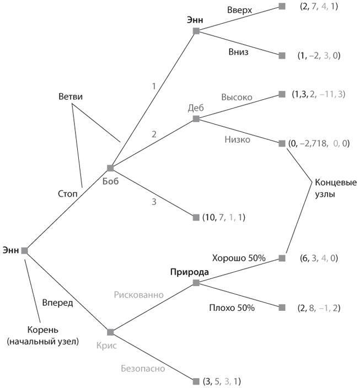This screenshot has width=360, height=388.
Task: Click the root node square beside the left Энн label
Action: coord(24,250)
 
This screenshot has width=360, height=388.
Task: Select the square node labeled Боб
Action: coord(110,168)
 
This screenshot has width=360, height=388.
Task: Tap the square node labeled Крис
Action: coord(110,332)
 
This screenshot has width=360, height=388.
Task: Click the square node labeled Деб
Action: coord(196,118)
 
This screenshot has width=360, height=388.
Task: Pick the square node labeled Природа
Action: coord(196,283)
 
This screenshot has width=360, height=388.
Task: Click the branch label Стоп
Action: coord(68,193)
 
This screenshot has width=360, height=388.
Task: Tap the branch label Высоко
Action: coord(237,97)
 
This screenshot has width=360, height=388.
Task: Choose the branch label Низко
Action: coord(238,139)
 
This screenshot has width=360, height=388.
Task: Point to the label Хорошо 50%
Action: coord(239,257)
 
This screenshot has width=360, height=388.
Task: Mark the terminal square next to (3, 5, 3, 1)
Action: coord(196,381)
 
